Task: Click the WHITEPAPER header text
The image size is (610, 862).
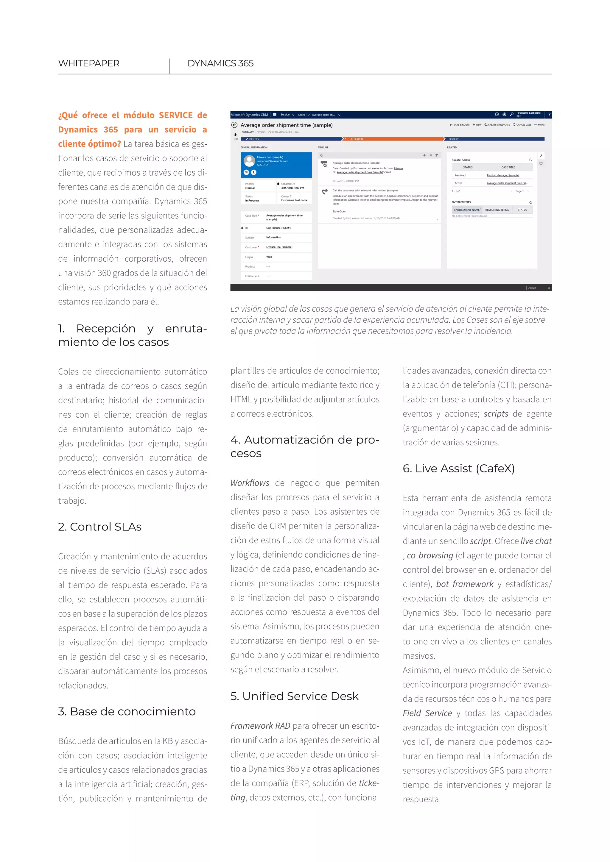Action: [89, 63]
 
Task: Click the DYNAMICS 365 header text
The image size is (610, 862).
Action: [220, 63]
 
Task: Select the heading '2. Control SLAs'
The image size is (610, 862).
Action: [99, 527]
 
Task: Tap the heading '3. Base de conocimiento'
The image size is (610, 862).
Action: [127, 711]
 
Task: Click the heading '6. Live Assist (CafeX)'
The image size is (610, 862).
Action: [459, 469]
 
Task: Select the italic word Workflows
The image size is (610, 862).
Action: [250, 483]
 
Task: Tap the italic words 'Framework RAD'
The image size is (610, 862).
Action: [260, 726]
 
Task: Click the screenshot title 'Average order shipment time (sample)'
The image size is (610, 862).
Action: [286, 125]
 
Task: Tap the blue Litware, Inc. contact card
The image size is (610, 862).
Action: [276, 165]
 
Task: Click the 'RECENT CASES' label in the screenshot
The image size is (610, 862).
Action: [460, 160]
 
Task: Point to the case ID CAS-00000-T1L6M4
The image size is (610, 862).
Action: [278, 228]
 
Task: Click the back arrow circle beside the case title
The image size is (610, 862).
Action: [234, 125]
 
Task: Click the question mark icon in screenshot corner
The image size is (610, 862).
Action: [549, 115]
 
